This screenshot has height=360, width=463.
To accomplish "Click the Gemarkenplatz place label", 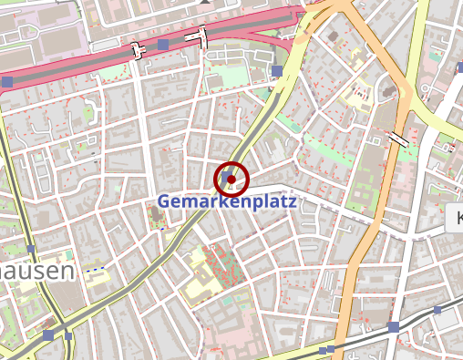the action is coord(227,201).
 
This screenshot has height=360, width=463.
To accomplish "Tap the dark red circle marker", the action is coord(231,178).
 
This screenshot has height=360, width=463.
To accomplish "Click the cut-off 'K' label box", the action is coord(455,217).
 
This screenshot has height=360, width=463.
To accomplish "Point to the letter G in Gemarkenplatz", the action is coord(165,201).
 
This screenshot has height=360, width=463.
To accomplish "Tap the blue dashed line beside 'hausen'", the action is coord(96,269).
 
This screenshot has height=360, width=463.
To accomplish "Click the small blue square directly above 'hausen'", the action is coord(31,249).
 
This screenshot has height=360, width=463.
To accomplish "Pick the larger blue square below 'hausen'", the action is coord(47,335).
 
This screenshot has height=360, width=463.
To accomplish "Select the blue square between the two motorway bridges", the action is coord(162,45).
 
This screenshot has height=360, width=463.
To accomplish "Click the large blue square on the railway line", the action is coord(393,327).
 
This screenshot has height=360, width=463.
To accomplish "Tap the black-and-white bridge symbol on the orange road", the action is coord(397,139).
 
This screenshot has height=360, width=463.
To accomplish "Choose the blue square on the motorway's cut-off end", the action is coord(7,82).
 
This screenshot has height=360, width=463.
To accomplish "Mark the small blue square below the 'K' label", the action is coord(437,311).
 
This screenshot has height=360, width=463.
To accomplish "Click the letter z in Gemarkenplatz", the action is coord(292,201).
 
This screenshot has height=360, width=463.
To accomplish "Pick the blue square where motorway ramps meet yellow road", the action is coord(276,70).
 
